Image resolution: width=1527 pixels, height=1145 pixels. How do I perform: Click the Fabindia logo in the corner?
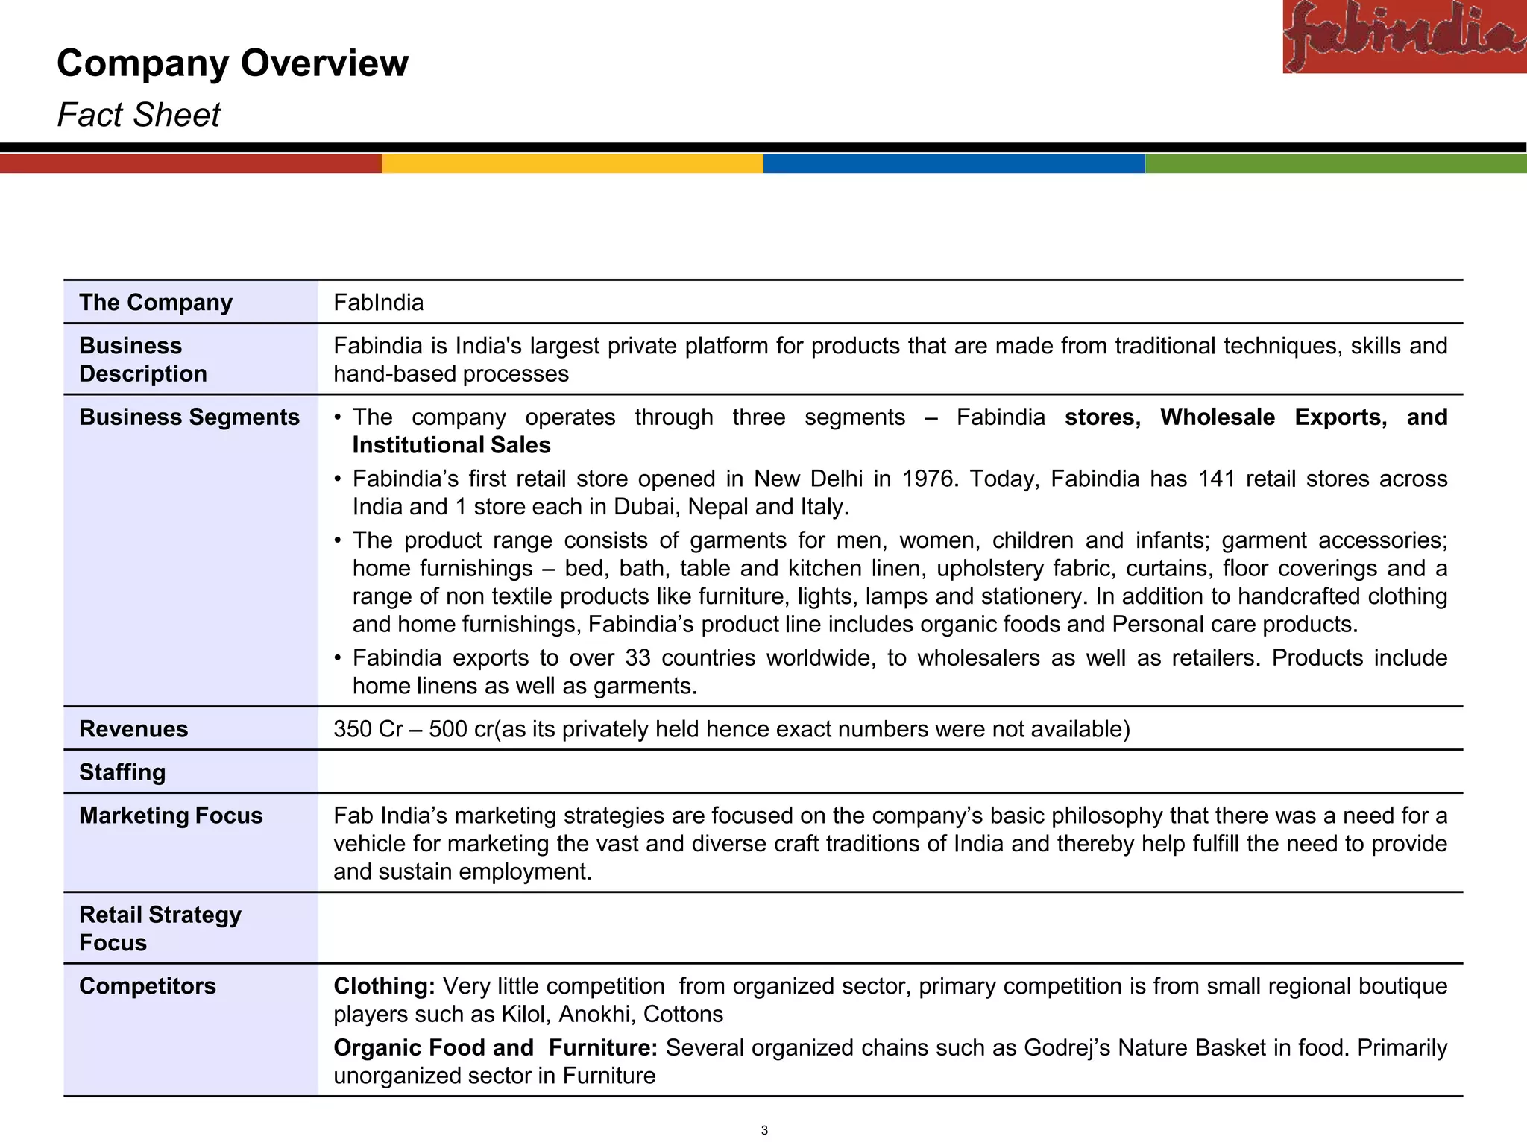click(x=1404, y=36)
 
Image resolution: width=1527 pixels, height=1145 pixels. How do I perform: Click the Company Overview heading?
click(x=233, y=63)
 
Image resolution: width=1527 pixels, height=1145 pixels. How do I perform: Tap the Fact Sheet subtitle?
click(x=139, y=115)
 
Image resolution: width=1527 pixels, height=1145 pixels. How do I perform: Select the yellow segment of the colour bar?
click(x=572, y=163)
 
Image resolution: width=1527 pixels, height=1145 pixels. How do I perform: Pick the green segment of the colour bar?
click(x=1335, y=163)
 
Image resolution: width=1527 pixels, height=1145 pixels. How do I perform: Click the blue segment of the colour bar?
click(x=954, y=163)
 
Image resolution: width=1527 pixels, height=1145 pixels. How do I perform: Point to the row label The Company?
click(x=156, y=302)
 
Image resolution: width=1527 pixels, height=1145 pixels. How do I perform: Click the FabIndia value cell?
click(x=379, y=302)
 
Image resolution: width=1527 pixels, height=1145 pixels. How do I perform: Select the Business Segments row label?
click(x=189, y=417)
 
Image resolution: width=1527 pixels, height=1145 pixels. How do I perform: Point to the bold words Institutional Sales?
click(x=451, y=445)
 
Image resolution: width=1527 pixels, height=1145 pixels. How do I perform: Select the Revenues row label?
click(x=133, y=728)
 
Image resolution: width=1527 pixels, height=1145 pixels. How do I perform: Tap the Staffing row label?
click(x=122, y=772)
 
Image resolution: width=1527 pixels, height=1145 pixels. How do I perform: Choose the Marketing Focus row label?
click(x=171, y=815)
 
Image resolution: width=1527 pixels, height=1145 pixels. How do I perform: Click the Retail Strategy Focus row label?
click(x=160, y=928)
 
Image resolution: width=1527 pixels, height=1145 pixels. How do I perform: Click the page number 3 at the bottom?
click(x=763, y=1130)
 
